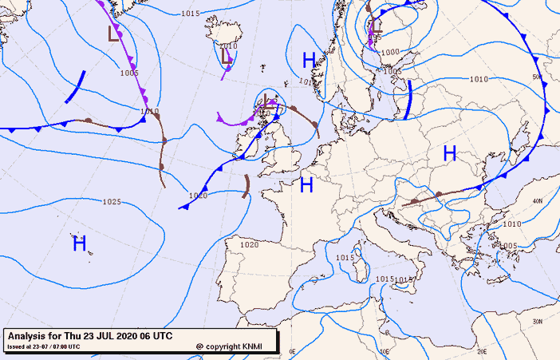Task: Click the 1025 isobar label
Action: (112, 202)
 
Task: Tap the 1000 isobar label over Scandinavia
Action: (389, 53)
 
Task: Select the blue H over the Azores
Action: (79, 244)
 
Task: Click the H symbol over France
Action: (306, 186)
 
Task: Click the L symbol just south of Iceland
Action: (227, 57)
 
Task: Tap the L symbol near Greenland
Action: (114, 34)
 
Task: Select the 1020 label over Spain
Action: (250, 244)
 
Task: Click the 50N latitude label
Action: (538, 77)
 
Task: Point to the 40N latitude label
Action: (538, 201)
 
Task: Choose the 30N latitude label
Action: (538, 321)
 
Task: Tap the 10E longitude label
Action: (385, 350)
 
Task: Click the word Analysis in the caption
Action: (30, 335)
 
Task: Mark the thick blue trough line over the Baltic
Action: (408, 100)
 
